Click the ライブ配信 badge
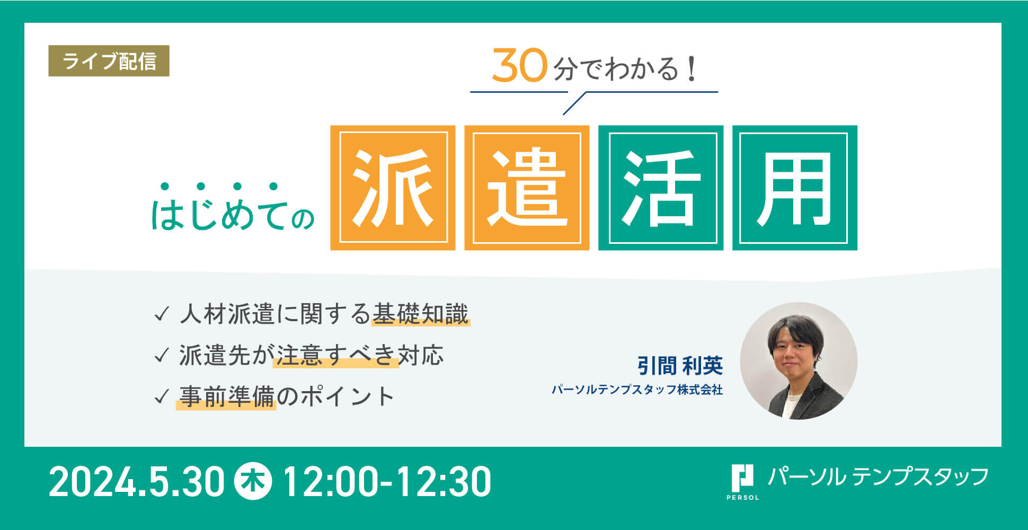[x=109, y=61]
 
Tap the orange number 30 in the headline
[x=519, y=66]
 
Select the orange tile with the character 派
[x=393, y=188]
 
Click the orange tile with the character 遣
[x=527, y=188]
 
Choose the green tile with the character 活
[x=661, y=188]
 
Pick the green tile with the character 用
[x=795, y=188]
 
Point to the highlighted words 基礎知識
[x=421, y=314]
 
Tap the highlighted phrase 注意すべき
[x=336, y=355]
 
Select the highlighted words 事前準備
[x=226, y=396]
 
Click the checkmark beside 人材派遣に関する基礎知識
[x=161, y=314]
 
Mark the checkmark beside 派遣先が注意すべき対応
[x=161, y=356]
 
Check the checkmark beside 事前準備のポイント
[x=161, y=397]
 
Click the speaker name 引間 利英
[x=680, y=366]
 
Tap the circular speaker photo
[x=799, y=361]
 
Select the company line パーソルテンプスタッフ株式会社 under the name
[x=637, y=390]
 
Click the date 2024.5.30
[x=137, y=482]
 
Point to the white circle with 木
[x=253, y=481]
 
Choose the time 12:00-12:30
[x=387, y=482]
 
